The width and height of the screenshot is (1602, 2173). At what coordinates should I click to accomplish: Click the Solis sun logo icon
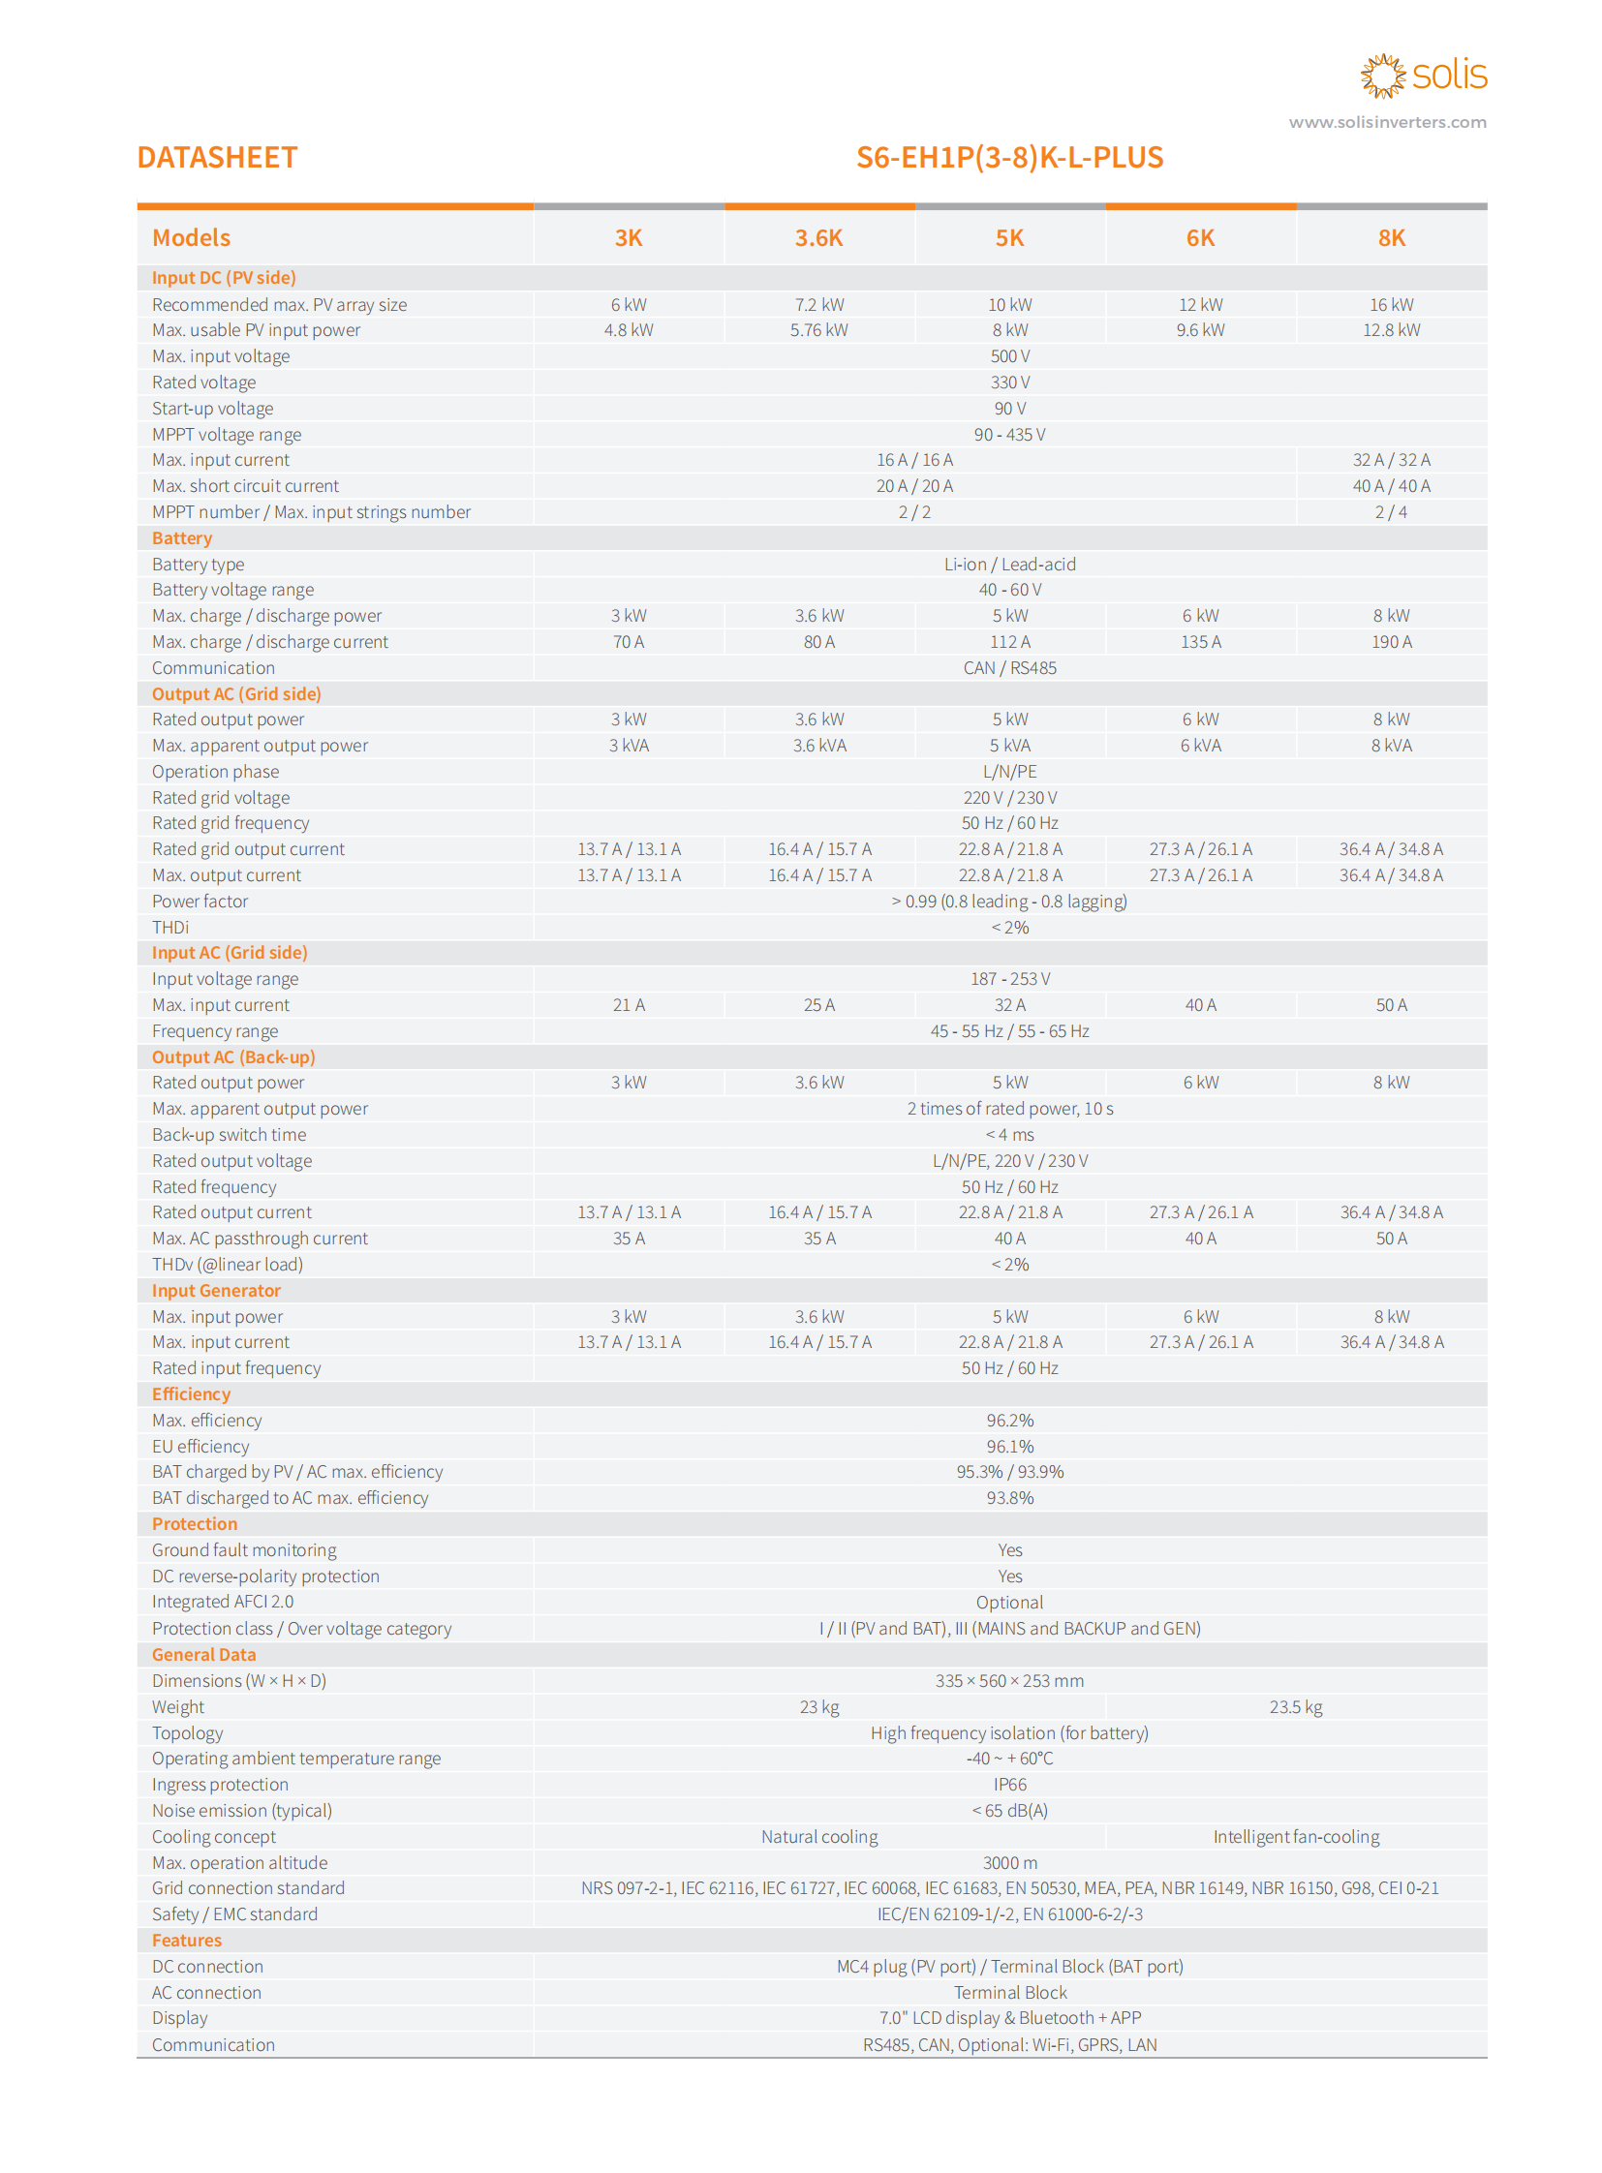[x=1382, y=76]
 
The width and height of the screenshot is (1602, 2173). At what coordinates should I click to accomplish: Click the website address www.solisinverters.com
[x=1387, y=122]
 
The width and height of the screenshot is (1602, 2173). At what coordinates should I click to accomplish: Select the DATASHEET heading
[x=217, y=157]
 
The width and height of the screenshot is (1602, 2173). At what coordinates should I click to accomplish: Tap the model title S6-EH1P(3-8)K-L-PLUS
[x=1009, y=157]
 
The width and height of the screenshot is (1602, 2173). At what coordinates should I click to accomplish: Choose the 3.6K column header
[x=818, y=237]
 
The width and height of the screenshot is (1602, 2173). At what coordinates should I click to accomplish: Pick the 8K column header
[x=1391, y=237]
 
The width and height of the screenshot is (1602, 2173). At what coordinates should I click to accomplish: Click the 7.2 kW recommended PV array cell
[x=818, y=304]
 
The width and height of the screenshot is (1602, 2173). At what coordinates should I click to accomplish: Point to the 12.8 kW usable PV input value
[x=1391, y=329]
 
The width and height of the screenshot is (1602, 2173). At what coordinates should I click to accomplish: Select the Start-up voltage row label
[x=212, y=409]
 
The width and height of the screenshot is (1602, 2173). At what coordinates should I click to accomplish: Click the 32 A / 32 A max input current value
[x=1391, y=460]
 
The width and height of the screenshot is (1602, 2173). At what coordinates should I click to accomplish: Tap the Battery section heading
[x=182, y=538]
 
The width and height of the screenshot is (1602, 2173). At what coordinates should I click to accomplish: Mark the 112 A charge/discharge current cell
[x=1009, y=642]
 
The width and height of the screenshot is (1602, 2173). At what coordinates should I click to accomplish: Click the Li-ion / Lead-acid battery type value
[x=1009, y=565]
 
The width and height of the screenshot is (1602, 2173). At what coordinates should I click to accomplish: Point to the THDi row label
[x=170, y=927]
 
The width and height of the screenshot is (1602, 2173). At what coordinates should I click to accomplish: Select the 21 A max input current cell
[x=629, y=1005]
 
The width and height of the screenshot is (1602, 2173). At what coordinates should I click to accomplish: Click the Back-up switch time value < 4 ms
[x=1009, y=1135]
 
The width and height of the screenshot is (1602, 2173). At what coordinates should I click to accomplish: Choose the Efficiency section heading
[x=191, y=1394]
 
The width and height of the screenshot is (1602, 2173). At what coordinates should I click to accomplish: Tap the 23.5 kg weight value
[x=1296, y=1706]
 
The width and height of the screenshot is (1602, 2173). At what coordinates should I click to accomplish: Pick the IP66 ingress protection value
[x=1009, y=1784]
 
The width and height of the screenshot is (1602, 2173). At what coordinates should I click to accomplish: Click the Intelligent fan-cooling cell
[x=1296, y=1837]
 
